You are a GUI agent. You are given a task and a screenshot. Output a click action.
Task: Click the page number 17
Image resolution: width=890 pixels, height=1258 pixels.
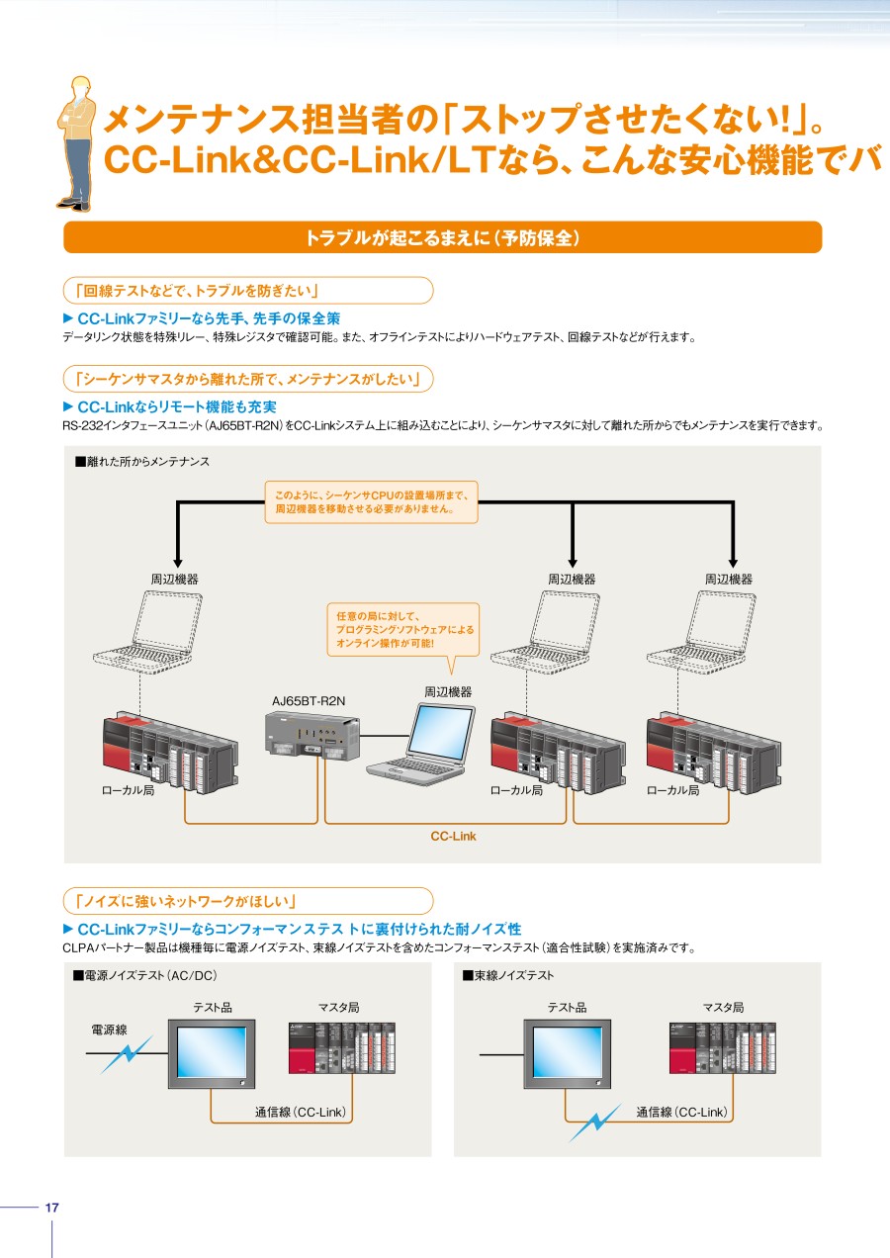click(51, 1207)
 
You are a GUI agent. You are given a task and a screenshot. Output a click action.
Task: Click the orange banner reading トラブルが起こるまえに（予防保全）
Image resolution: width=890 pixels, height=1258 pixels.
click(442, 237)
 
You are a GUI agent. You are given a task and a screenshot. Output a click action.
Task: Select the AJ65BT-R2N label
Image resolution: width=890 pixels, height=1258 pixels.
click(309, 701)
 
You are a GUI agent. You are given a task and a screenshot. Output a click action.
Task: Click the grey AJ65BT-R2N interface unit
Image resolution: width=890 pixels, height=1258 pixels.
click(312, 736)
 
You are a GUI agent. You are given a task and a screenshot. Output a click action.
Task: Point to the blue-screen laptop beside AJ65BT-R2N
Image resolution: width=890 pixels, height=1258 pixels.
click(421, 743)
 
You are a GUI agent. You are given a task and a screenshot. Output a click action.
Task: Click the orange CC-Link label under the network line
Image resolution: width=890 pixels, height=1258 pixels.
click(453, 836)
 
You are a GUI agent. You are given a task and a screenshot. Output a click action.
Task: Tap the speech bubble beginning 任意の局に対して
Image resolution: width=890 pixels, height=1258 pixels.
click(403, 630)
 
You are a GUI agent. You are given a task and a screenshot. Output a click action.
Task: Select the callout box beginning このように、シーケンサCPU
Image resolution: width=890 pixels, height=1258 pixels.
click(371, 502)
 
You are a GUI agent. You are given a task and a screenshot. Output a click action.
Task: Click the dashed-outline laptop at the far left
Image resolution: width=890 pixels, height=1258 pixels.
click(147, 632)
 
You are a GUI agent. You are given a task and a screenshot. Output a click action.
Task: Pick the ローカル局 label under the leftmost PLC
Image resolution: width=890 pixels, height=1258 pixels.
click(128, 790)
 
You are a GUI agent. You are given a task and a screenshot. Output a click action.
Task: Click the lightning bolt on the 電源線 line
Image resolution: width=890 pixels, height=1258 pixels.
click(127, 1054)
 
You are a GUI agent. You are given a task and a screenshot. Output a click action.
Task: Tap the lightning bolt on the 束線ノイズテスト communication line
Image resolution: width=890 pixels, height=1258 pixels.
click(595, 1123)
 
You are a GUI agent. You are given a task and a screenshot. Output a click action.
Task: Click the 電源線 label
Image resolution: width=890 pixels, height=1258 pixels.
click(110, 1030)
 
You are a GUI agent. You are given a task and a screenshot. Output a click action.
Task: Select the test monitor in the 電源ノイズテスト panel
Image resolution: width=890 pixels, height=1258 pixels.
click(212, 1054)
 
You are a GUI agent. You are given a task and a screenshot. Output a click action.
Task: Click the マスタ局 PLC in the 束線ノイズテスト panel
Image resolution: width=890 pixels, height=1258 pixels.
click(723, 1048)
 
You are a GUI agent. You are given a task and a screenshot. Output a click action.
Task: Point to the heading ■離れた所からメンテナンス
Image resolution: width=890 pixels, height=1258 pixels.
click(142, 462)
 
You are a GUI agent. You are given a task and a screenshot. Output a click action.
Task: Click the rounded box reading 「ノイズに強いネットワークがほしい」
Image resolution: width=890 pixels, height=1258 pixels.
click(248, 901)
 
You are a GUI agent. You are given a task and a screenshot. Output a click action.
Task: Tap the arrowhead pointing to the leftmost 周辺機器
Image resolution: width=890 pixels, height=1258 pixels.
click(177, 563)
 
